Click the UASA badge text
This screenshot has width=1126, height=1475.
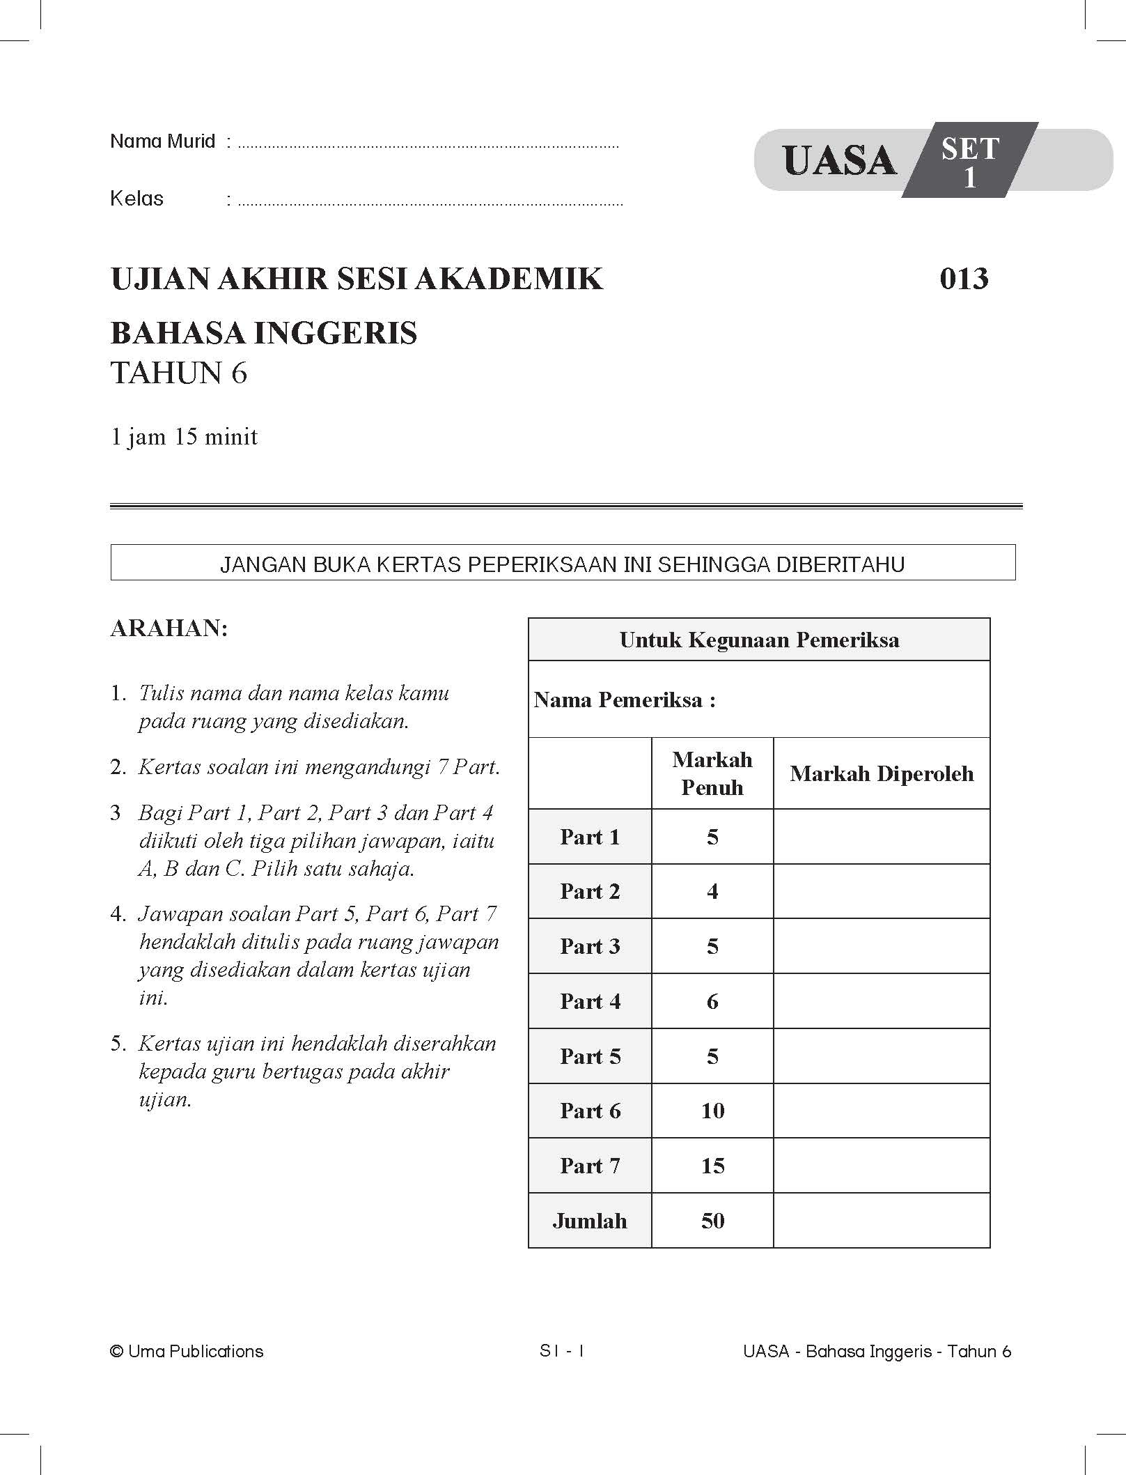(x=839, y=161)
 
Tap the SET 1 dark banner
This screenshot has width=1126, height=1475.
(x=969, y=162)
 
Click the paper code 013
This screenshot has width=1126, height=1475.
(x=964, y=279)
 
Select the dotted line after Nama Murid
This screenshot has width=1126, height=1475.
(x=428, y=147)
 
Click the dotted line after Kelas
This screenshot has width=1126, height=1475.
(x=430, y=204)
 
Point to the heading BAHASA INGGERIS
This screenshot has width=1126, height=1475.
(x=264, y=333)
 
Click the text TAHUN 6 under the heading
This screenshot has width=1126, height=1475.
(x=179, y=373)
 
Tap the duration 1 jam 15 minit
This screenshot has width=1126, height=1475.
(x=184, y=437)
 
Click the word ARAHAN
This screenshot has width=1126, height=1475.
(x=169, y=628)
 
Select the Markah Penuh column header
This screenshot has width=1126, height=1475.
(x=712, y=773)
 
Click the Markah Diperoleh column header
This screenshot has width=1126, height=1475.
(x=882, y=773)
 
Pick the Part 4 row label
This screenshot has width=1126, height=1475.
(x=590, y=1001)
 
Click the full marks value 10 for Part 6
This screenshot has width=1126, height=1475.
(x=712, y=1111)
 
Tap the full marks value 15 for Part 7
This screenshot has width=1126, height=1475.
(x=712, y=1166)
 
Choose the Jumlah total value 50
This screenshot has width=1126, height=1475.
(x=712, y=1221)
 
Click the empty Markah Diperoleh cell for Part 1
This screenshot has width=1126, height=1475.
(x=882, y=837)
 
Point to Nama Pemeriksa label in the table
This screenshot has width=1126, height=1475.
(x=625, y=700)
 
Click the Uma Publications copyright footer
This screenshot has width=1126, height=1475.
(x=187, y=1352)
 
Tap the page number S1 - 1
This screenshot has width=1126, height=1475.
(x=562, y=1351)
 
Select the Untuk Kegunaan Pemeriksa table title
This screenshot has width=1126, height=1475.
(x=759, y=640)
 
